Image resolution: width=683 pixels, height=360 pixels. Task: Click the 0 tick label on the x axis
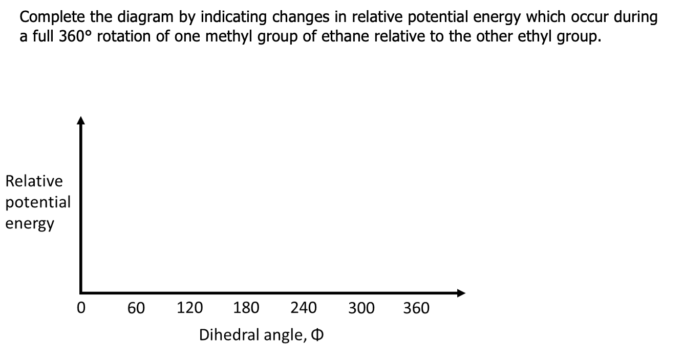coord(80,308)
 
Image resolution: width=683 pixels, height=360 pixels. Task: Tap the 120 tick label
coord(189,308)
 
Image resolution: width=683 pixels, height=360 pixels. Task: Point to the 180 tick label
coord(246,308)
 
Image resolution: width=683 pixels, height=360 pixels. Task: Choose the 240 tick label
coord(304,308)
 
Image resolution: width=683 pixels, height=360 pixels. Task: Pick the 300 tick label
coord(361,308)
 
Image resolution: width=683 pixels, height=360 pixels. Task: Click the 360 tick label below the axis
coord(416,308)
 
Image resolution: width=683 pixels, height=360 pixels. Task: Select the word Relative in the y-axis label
coord(34,181)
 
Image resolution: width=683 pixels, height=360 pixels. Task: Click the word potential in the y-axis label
coord(38,202)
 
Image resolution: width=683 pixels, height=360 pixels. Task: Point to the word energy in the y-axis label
coord(30,224)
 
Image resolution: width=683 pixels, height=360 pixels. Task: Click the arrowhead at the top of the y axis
coord(80,121)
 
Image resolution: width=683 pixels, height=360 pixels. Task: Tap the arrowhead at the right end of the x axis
coord(461,293)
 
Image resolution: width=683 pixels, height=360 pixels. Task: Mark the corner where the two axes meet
coord(81,292)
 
